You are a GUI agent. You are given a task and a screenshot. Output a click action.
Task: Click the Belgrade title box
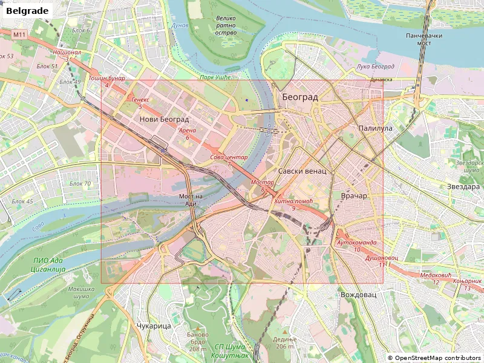(26, 10)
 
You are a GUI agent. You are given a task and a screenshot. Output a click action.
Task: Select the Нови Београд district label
(164, 119)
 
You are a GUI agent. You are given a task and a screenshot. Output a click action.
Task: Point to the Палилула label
(375, 128)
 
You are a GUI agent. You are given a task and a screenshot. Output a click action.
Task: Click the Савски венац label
(302, 171)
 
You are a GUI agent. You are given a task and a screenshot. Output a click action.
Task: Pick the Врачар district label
(354, 196)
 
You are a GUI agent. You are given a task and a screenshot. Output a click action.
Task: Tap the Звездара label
(463, 186)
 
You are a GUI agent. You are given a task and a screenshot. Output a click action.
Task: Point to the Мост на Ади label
(191, 200)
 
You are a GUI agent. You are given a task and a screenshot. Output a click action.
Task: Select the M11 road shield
(19, 35)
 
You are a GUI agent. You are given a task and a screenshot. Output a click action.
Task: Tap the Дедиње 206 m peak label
(285, 342)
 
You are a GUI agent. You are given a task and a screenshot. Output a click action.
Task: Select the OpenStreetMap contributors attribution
(434, 358)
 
